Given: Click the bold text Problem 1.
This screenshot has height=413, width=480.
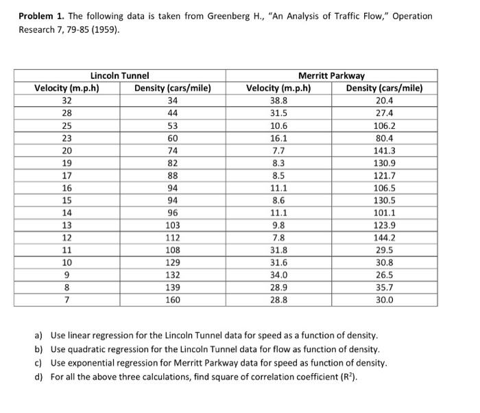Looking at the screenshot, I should click(x=43, y=16).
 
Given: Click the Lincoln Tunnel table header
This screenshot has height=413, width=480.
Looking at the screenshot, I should click(x=120, y=75).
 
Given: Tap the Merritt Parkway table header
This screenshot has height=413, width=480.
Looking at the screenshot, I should click(x=331, y=75).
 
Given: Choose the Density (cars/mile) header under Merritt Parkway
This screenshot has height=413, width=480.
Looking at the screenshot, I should click(x=384, y=88).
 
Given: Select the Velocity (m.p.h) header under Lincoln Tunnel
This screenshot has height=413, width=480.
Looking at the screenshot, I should click(x=67, y=88).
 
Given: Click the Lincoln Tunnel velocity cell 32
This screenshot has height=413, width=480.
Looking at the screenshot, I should click(x=67, y=100).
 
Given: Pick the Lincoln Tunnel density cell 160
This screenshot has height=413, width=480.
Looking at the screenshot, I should click(x=172, y=299).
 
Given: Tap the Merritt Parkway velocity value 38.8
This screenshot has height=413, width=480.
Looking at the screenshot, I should click(x=278, y=100).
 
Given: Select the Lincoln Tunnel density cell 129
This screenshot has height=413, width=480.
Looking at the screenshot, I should click(x=172, y=262).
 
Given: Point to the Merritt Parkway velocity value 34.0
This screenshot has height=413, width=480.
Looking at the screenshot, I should click(x=278, y=274).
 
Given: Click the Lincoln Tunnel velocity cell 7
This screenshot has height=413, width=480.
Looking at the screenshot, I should click(x=67, y=299).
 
